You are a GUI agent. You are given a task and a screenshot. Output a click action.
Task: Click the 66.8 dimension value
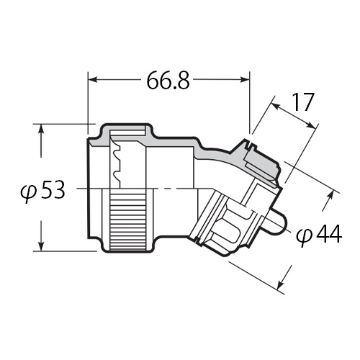pos(168,81)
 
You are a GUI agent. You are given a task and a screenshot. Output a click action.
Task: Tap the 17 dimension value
pos(303,102)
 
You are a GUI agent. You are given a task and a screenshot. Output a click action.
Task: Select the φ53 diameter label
pos(42,190)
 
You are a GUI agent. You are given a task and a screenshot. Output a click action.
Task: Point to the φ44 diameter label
pos(319,235)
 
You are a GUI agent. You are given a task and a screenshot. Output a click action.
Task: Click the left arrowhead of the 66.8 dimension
pos(93,80)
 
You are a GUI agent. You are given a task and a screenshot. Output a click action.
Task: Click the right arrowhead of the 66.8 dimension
pos(245,80)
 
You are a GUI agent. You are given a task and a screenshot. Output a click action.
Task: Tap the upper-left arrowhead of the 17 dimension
pos(275,106)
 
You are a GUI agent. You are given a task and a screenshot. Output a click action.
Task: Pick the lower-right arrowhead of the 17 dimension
pos(310,125)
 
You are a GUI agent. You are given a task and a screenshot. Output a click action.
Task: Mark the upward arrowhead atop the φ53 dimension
pos(41,129)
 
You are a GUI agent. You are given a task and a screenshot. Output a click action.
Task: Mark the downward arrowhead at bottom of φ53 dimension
pos(41,246)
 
